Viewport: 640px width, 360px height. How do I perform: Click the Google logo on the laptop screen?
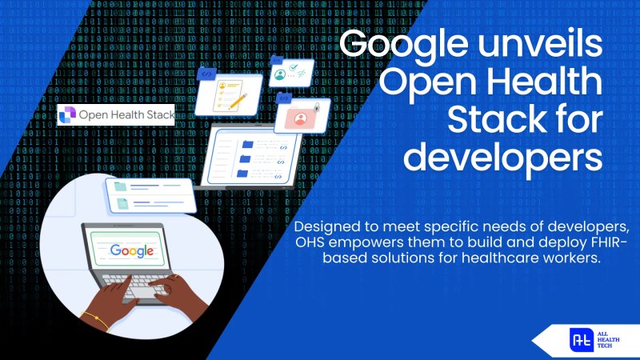click(132, 250)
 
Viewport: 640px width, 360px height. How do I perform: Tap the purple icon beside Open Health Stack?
click(68, 115)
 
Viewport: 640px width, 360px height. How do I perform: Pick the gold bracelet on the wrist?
click(95, 322)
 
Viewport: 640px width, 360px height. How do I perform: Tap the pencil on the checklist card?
click(238, 98)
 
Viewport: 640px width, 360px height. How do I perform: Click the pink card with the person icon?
click(302, 118)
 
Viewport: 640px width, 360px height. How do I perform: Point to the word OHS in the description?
click(312, 244)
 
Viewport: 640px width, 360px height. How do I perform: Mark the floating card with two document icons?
click(152, 195)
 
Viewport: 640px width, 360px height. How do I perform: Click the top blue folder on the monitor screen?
click(247, 145)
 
